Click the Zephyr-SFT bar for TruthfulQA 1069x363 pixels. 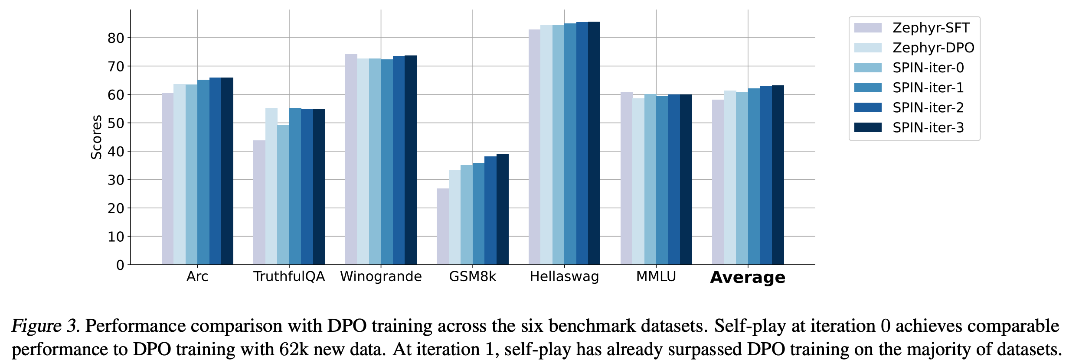click(x=259, y=202)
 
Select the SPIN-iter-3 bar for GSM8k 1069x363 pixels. click(x=503, y=209)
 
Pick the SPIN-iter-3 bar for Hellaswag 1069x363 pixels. click(x=594, y=143)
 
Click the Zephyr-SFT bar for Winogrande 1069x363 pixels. click(x=351, y=159)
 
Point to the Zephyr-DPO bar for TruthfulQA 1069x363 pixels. click(x=271, y=186)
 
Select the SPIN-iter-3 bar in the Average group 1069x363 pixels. click(x=778, y=175)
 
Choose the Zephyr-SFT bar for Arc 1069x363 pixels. click(x=168, y=179)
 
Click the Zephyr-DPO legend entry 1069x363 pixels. click(x=933, y=48)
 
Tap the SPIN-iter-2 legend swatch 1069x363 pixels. click(x=868, y=107)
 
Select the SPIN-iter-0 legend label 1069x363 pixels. click(x=928, y=68)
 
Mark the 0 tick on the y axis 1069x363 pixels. click(x=120, y=265)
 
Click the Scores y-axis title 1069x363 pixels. click(x=96, y=137)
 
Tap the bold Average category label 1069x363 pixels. click(x=748, y=277)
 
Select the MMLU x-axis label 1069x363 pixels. click(x=656, y=276)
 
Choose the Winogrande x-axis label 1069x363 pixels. click(x=381, y=276)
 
